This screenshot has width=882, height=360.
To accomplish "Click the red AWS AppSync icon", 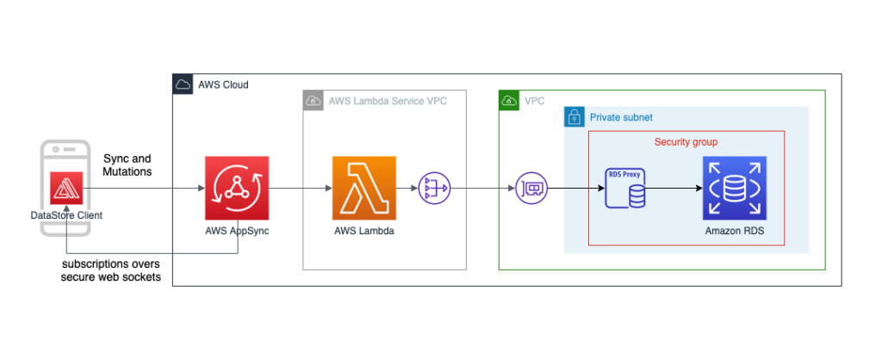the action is pyautogui.click(x=237, y=188).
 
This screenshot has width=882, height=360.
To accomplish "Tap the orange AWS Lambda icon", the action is pyautogui.click(x=364, y=188).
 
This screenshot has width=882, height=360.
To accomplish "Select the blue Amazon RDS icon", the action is pyautogui.click(x=734, y=188).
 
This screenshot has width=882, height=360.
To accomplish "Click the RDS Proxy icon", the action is pyautogui.click(x=625, y=188).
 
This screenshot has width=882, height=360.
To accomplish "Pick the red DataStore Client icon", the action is pyautogui.click(x=66, y=189).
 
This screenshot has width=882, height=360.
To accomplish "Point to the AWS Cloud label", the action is pyautogui.click(x=223, y=85).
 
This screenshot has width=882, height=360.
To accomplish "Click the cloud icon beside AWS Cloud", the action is pyautogui.click(x=183, y=84).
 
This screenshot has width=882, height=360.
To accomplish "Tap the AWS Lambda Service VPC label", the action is pyautogui.click(x=388, y=102).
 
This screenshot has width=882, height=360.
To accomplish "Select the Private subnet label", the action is pyautogui.click(x=621, y=118).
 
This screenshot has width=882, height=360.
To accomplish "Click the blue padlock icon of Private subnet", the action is pyautogui.click(x=575, y=117).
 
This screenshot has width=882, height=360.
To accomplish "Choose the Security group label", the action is pyautogui.click(x=686, y=142).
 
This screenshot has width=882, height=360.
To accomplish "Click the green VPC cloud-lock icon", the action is pyautogui.click(x=509, y=101).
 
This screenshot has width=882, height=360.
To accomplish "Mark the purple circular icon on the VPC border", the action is pyautogui.click(x=531, y=188).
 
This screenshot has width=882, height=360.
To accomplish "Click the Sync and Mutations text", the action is pyautogui.click(x=127, y=165).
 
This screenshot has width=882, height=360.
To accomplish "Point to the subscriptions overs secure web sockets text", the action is pyautogui.click(x=111, y=270).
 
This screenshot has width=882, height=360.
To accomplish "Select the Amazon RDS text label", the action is pyautogui.click(x=734, y=231).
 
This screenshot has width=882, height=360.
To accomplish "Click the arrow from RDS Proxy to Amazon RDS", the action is pyautogui.click(x=674, y=189).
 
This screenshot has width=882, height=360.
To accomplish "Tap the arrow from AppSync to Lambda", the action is pyautogui.click(x=301, y=189).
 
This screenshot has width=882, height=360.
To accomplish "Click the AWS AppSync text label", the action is pyautogui.click(x=237, y=231).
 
